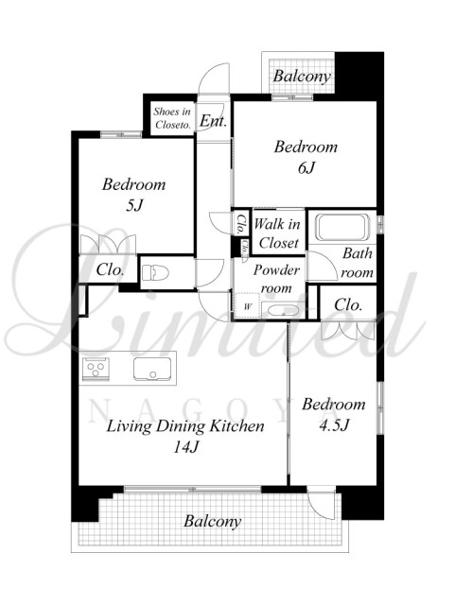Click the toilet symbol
tap(156, 272)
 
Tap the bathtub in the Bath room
tap(342, 227)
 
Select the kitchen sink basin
tap(152, 369)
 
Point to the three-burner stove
tap(96, 369)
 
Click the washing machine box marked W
tap(247, 306)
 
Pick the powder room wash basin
tap(284, 311)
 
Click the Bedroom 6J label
tap(306, 157)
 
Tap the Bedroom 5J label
tap(134, 195)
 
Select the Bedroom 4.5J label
tap(334, 414)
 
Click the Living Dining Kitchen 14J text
tap(185, 437)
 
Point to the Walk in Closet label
tap(278, 233)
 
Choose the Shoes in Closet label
tap(172, 118)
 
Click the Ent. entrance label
tap(213, 121)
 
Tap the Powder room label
tap(276, 279)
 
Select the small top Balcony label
tap(302, 77)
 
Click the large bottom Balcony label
tap(213, 521)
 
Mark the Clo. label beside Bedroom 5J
tap(111, 269)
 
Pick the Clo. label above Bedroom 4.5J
tap(348, 304)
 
